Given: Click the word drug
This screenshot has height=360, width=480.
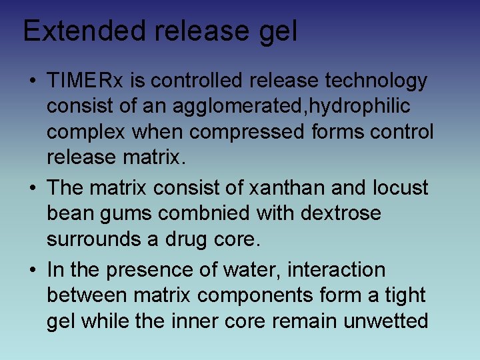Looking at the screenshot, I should [x=188, y=239].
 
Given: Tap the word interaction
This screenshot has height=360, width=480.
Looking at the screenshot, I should [x=344, y=270].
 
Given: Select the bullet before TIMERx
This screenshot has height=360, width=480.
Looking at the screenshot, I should [x=33, y=81].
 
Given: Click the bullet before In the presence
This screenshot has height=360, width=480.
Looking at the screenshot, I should [x=33, y=271].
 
